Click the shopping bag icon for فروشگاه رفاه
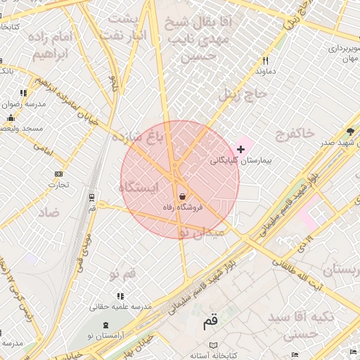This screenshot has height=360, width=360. pyautogui.click(x=183, y=196)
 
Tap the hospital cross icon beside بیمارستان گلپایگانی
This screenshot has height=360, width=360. pyautogui.click(x=241, y=149)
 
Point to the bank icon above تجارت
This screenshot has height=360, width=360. pyautogui.click(x=58, y=174)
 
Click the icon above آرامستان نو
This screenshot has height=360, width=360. pyautogui.click(x=106, y=324)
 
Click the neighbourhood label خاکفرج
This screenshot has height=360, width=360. pyautogui.click(x=296, y=134)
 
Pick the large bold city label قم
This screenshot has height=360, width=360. pyautogui.click(x=211, y=321)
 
